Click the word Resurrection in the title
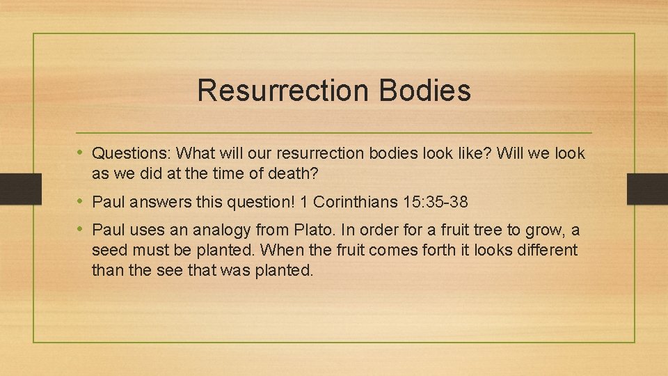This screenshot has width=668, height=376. click(x=283, y=91)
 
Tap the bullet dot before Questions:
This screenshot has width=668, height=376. click(x=81, y=152)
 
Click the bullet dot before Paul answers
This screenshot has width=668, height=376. click(x=81, y=202)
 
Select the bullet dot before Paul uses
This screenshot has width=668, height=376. click(x=81, y=229)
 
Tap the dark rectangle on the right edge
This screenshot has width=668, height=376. click(x=648, y=189)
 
